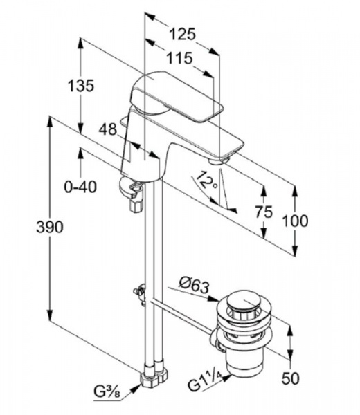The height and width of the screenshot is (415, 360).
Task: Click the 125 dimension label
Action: [182, 34]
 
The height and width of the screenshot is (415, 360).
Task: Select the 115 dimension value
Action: [179, 58]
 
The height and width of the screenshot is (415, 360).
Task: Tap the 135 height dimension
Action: [81, 86]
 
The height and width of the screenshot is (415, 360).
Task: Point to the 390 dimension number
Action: [50, 227]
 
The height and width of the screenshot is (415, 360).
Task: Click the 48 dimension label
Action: [108, 130]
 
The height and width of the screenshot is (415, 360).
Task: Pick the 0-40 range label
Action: [80, 187]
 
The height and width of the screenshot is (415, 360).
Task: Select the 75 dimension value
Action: [264, 212]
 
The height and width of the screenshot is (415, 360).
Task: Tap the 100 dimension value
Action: [296, 221]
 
